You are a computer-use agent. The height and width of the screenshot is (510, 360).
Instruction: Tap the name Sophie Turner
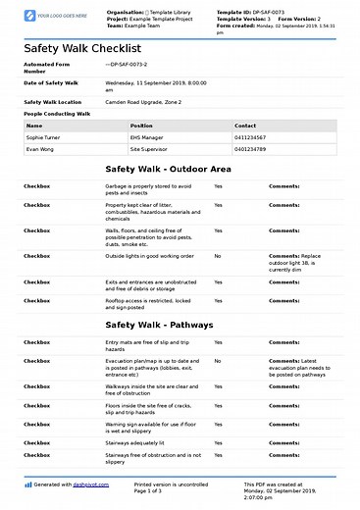coord(42,138)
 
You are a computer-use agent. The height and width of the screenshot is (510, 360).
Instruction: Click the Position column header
coord(142,126)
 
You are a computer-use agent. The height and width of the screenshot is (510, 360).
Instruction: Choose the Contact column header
coord(245,126)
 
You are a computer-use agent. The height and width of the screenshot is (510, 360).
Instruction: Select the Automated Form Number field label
coord(47,68)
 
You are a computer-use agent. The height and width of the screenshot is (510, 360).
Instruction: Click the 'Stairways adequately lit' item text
coord(143,442)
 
